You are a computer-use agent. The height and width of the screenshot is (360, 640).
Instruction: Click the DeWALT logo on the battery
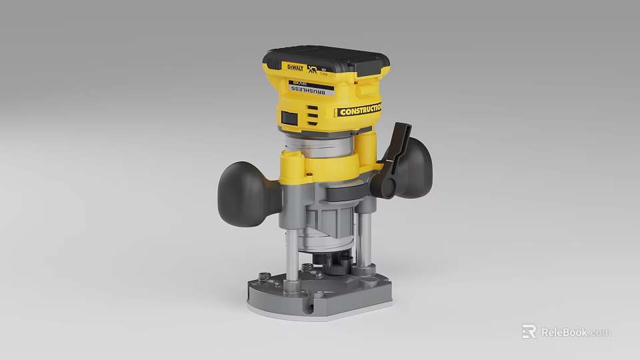(x=294, y=67)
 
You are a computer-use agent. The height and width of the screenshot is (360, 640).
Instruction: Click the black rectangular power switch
(x=289, y=117)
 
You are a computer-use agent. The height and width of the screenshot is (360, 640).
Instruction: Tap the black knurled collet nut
(x=337, y=262)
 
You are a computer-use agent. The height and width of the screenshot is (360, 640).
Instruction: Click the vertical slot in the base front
(x=309, y=303)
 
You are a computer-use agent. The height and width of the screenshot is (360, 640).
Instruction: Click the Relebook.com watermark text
(x=575, y=332)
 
